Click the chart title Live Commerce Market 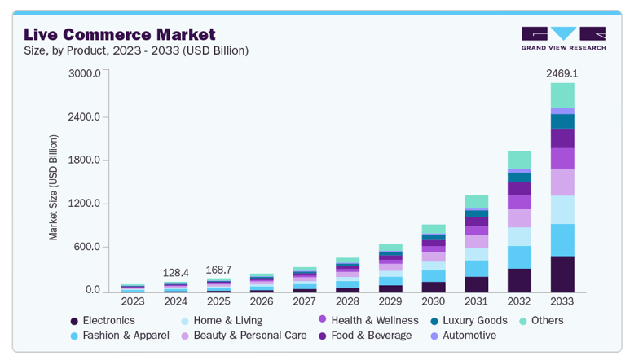(119, 34)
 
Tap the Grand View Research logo (563, 38)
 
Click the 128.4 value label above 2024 (175, 273)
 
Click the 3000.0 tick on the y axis (85, 73)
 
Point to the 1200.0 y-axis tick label (85, 204)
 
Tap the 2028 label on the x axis (346, 302)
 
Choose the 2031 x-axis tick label (476, 302)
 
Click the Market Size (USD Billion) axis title (54, 187)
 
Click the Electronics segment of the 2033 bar (562, 274)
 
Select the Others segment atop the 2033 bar (562, 95)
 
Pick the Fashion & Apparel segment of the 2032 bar (519, 257)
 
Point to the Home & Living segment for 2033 (562, 209)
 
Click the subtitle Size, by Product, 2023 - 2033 (136, 51)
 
